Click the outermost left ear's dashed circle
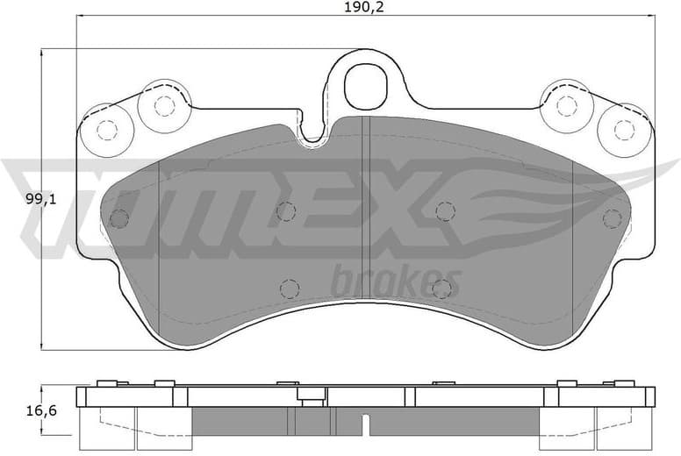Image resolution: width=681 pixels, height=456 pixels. [106, 130]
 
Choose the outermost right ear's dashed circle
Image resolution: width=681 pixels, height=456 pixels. [623, 130]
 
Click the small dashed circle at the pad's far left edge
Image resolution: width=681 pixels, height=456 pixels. [119, 218]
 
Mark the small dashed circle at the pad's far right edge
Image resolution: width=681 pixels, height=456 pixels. [611, 218]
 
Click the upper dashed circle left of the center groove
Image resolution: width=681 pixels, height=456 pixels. [286, 210]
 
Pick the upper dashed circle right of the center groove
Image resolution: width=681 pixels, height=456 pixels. [445, 210]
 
